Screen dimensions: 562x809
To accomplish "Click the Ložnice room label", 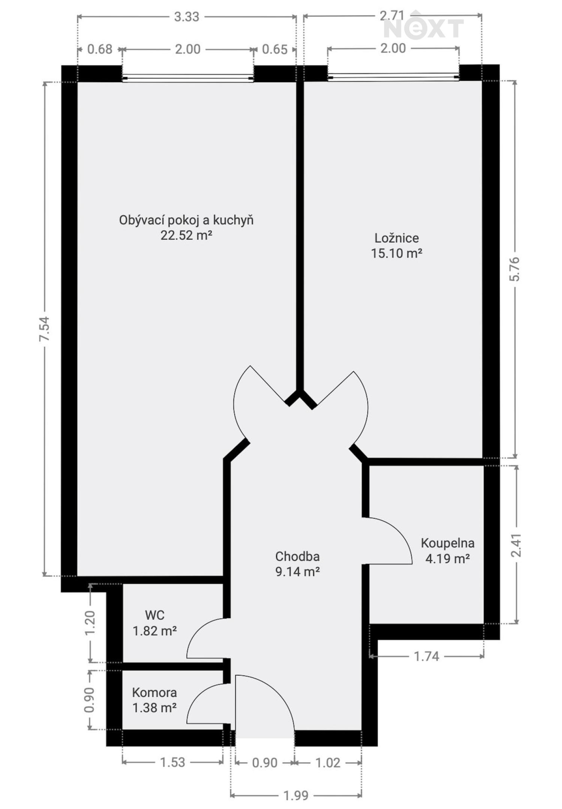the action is point(397,238).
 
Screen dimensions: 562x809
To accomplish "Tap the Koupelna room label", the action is point(447,543).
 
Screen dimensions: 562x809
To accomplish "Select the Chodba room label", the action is point(297,556).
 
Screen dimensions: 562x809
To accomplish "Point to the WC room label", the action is point(155,615).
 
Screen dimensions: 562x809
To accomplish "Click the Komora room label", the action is point(154,693).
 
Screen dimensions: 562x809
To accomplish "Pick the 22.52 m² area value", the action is point(187,235).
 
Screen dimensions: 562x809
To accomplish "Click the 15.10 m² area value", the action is point(397,253).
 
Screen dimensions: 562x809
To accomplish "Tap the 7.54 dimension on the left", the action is point(45,329).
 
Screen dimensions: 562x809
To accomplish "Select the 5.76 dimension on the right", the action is point(515,269).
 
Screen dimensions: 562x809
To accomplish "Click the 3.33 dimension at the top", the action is point(187,17).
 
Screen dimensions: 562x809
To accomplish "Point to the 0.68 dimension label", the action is point(100,49).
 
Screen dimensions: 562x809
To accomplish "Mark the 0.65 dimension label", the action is point(275,49).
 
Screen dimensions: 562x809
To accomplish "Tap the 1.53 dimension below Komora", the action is point(173,762).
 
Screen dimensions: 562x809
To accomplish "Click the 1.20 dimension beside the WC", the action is point(90,623).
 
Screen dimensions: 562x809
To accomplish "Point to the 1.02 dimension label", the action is point(328,763).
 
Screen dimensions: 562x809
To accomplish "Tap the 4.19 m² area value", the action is point(447,559).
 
